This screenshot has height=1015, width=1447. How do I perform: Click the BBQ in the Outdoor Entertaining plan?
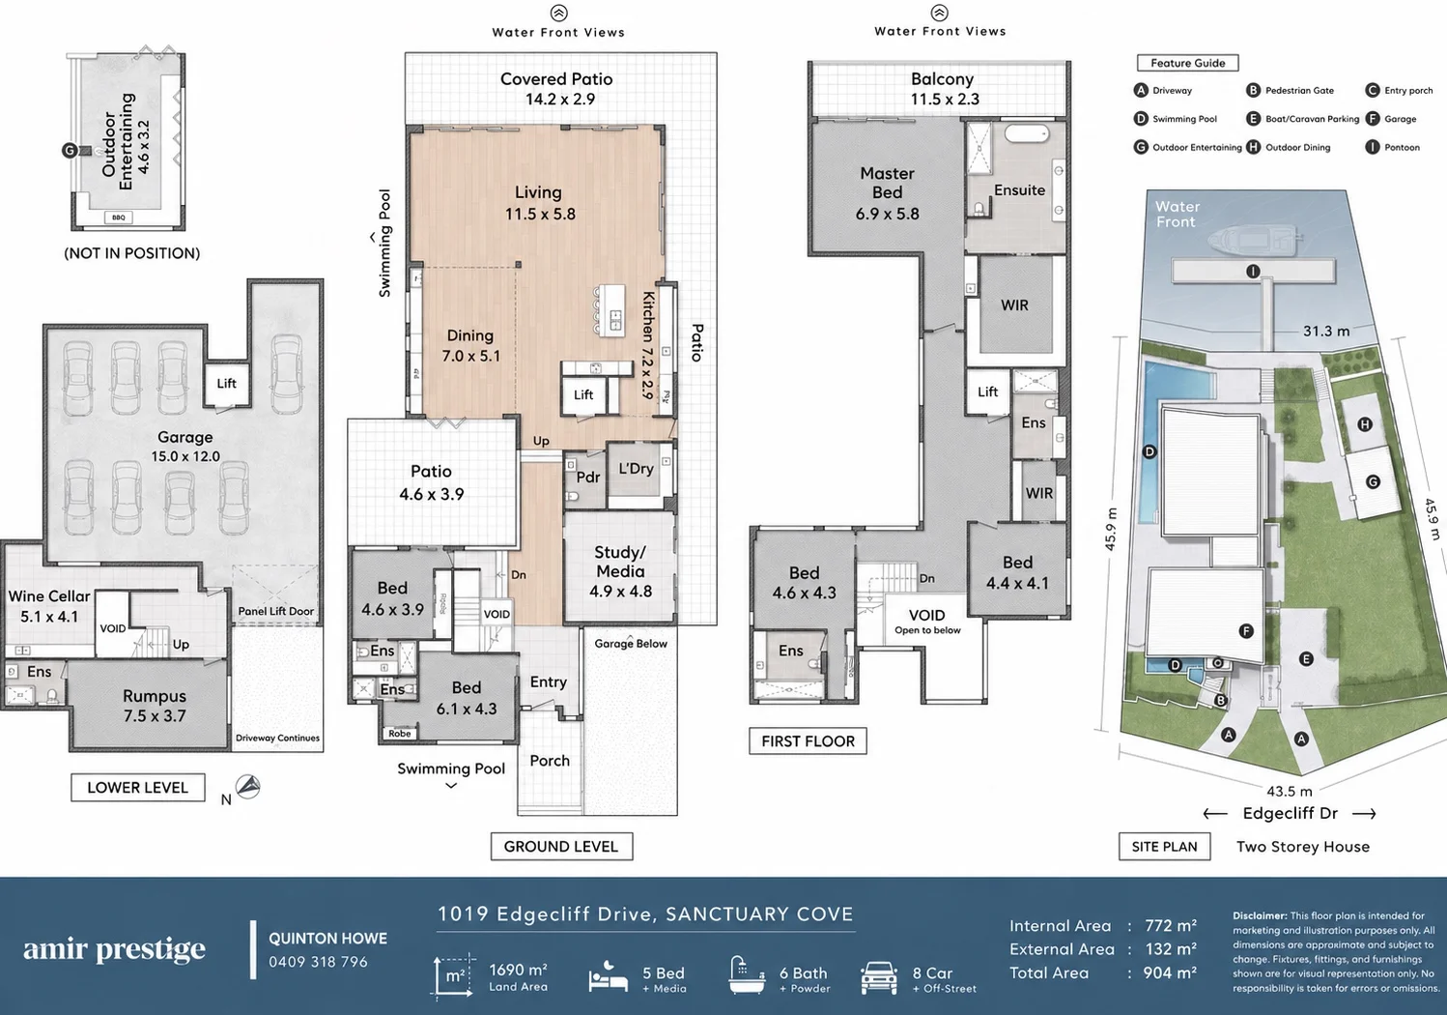[x=118, y=217]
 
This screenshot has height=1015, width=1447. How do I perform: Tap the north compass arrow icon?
[x=248, y=787]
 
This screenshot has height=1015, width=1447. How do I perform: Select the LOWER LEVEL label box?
[x=137, y=788]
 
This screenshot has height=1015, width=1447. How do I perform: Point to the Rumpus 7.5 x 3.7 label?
[x=155, y=706]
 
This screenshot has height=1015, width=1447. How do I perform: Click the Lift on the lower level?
[x=226, y=384]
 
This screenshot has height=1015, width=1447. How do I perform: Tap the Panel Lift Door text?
[x=276, y=611]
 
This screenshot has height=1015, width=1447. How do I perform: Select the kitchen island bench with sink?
[x=611, y=310]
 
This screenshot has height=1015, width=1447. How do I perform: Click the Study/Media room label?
[x=620, y=571]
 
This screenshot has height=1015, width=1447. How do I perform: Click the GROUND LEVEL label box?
[x=561, y=846]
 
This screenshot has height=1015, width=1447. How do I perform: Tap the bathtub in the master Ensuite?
[x=1027, y=133]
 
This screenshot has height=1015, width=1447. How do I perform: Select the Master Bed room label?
[x=887, y=193]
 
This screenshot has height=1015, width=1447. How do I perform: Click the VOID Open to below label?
[x=927, y=622]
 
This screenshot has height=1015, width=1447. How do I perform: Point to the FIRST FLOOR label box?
[x=809, y=740]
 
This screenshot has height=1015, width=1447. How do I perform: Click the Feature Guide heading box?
[x=1188, y=63]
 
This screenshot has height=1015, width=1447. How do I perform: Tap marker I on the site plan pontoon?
[x=1253, y=272]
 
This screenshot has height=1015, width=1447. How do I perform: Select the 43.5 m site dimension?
[x=1290, y=792]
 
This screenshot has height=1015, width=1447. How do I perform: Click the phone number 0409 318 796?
[x=318, y=962]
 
